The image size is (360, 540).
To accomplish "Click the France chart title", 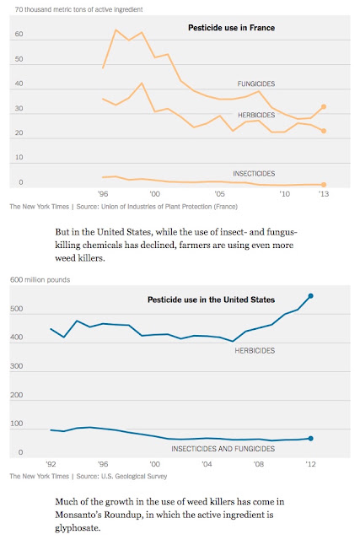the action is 231,28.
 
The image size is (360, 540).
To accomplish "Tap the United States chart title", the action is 211,300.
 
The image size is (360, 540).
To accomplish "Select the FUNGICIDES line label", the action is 256,84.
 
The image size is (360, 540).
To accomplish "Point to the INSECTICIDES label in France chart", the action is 254,174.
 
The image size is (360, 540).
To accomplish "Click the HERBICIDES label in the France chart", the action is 256,115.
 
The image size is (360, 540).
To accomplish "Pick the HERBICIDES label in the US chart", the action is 255,351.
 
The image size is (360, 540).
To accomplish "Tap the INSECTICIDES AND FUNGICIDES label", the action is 223,449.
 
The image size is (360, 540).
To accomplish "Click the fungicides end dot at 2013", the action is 324,107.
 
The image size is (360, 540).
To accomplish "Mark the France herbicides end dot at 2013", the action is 324,131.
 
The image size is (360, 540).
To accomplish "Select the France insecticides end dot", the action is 324,185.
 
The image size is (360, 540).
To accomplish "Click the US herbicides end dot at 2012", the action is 311,296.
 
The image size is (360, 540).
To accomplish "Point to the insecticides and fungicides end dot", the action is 311,439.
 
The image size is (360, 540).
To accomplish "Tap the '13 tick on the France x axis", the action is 324,194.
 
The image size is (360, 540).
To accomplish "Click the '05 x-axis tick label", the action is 219,194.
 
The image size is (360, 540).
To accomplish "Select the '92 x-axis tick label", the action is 51,464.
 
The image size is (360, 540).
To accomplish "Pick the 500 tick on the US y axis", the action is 17,309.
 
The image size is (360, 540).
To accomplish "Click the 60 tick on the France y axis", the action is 19,34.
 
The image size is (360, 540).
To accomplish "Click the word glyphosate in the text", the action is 78,528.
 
